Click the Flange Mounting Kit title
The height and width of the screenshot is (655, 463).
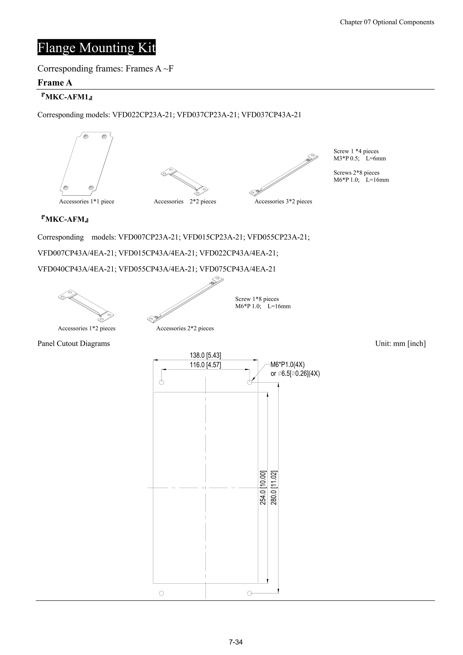click(97, 47)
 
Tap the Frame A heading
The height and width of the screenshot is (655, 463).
click(55, 83)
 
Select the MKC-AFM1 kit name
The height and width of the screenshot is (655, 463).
click(67, 97)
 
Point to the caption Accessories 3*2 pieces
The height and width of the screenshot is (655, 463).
click(283, 201)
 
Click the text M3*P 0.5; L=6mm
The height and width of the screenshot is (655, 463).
click(359, 158)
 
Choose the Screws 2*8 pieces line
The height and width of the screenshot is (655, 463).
click(356, 173)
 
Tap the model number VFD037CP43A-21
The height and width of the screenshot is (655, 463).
click(271, 115)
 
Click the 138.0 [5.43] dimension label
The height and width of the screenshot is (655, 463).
click(206, 355)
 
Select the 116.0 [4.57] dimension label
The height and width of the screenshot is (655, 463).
click(206, 365)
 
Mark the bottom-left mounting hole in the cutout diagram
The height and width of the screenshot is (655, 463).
click(161, 593)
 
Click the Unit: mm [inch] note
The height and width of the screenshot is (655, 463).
click(400, 343)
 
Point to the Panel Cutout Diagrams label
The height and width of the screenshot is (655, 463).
click(74, 343)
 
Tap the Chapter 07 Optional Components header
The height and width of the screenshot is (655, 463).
click(387, 22)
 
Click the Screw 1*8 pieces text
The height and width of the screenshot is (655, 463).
click(257, 299)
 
